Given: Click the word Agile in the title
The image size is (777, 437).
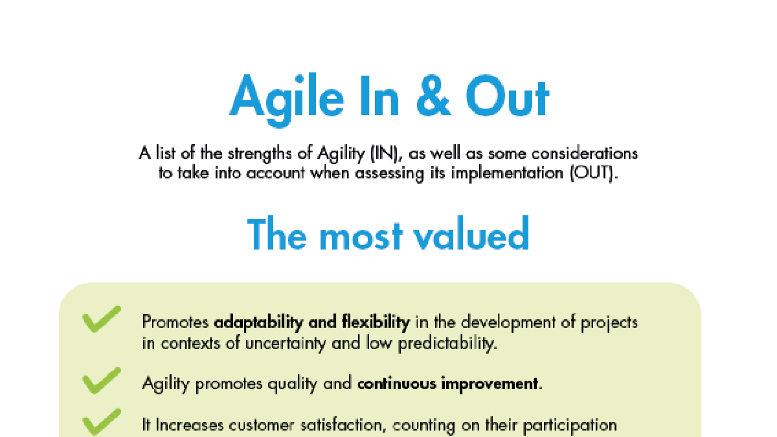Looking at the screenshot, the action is [286, 100].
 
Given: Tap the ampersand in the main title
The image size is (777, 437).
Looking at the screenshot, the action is [433, 96].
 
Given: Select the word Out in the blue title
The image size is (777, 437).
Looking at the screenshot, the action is [508, 96].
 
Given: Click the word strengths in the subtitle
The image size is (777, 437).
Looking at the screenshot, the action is [260, 154].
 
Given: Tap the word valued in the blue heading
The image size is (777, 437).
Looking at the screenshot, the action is [471, 233].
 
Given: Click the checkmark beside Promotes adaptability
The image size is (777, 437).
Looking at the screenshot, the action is [101, 319].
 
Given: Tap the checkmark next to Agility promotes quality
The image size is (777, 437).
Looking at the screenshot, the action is [101, 381].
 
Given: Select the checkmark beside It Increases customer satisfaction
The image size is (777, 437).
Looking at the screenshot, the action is [101, 422].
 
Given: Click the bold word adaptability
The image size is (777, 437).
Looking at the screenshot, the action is [258, 323].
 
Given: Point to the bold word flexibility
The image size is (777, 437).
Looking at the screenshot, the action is [376, 323].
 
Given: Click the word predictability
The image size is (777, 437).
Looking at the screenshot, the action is [447, 344].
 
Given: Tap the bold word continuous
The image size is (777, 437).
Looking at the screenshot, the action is [397, 384].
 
